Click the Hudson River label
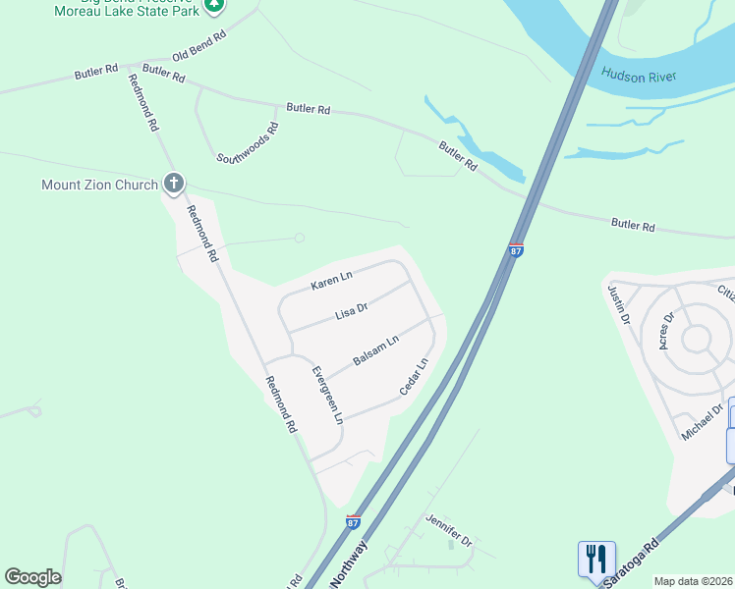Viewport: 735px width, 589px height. click(x=640, y=75)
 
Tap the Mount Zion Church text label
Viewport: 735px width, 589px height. click(x=99, y=185)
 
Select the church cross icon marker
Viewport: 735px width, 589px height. click(x=174, y=183)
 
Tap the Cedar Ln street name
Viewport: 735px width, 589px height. click(x=414, y=378)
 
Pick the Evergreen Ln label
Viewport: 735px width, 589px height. click(x=327, y=395)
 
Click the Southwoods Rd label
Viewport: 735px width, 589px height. click(x=248, y=143)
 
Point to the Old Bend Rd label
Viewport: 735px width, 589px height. click(x=199, y=45)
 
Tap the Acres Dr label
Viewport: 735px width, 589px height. click(x=668, y=330)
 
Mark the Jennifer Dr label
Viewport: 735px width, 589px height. click(x=449, y=529)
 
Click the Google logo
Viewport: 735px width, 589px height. click(x=32, y=577)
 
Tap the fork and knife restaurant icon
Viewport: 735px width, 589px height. click(x=596, y=560)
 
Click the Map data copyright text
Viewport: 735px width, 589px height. click(x=694, y=581)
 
